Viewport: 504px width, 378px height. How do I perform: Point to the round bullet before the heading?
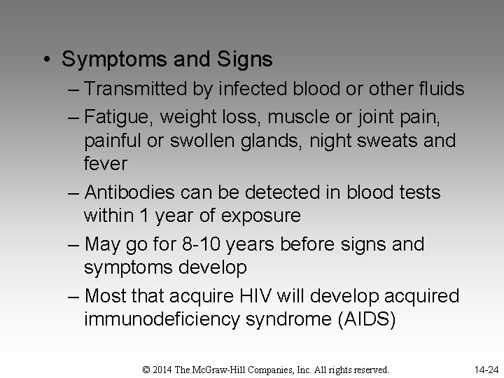44,59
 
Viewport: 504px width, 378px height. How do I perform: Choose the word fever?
105,164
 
